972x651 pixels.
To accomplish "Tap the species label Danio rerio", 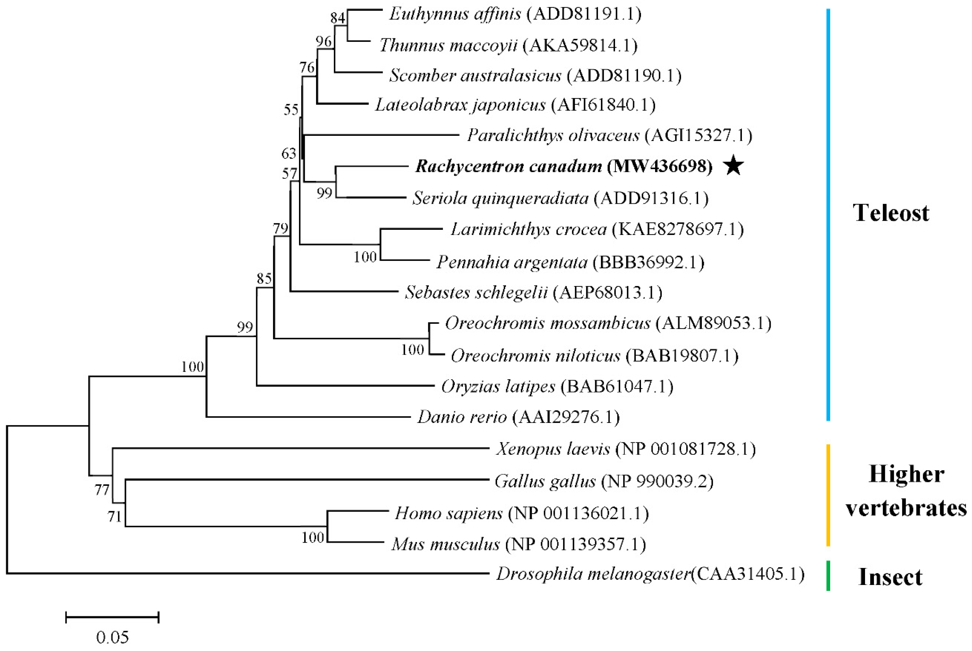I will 462,417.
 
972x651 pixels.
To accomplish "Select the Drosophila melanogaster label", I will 593,574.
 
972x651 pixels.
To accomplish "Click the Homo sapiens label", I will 448,513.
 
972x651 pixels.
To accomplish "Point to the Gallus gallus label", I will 545,481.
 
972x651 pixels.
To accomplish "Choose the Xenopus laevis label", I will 553,449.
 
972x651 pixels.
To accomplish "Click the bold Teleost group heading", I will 891,213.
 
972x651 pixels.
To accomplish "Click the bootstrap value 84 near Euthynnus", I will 338,18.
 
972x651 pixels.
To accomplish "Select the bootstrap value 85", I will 264,278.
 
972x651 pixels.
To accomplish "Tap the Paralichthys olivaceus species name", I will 553,135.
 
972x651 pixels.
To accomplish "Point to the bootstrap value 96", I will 324,41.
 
